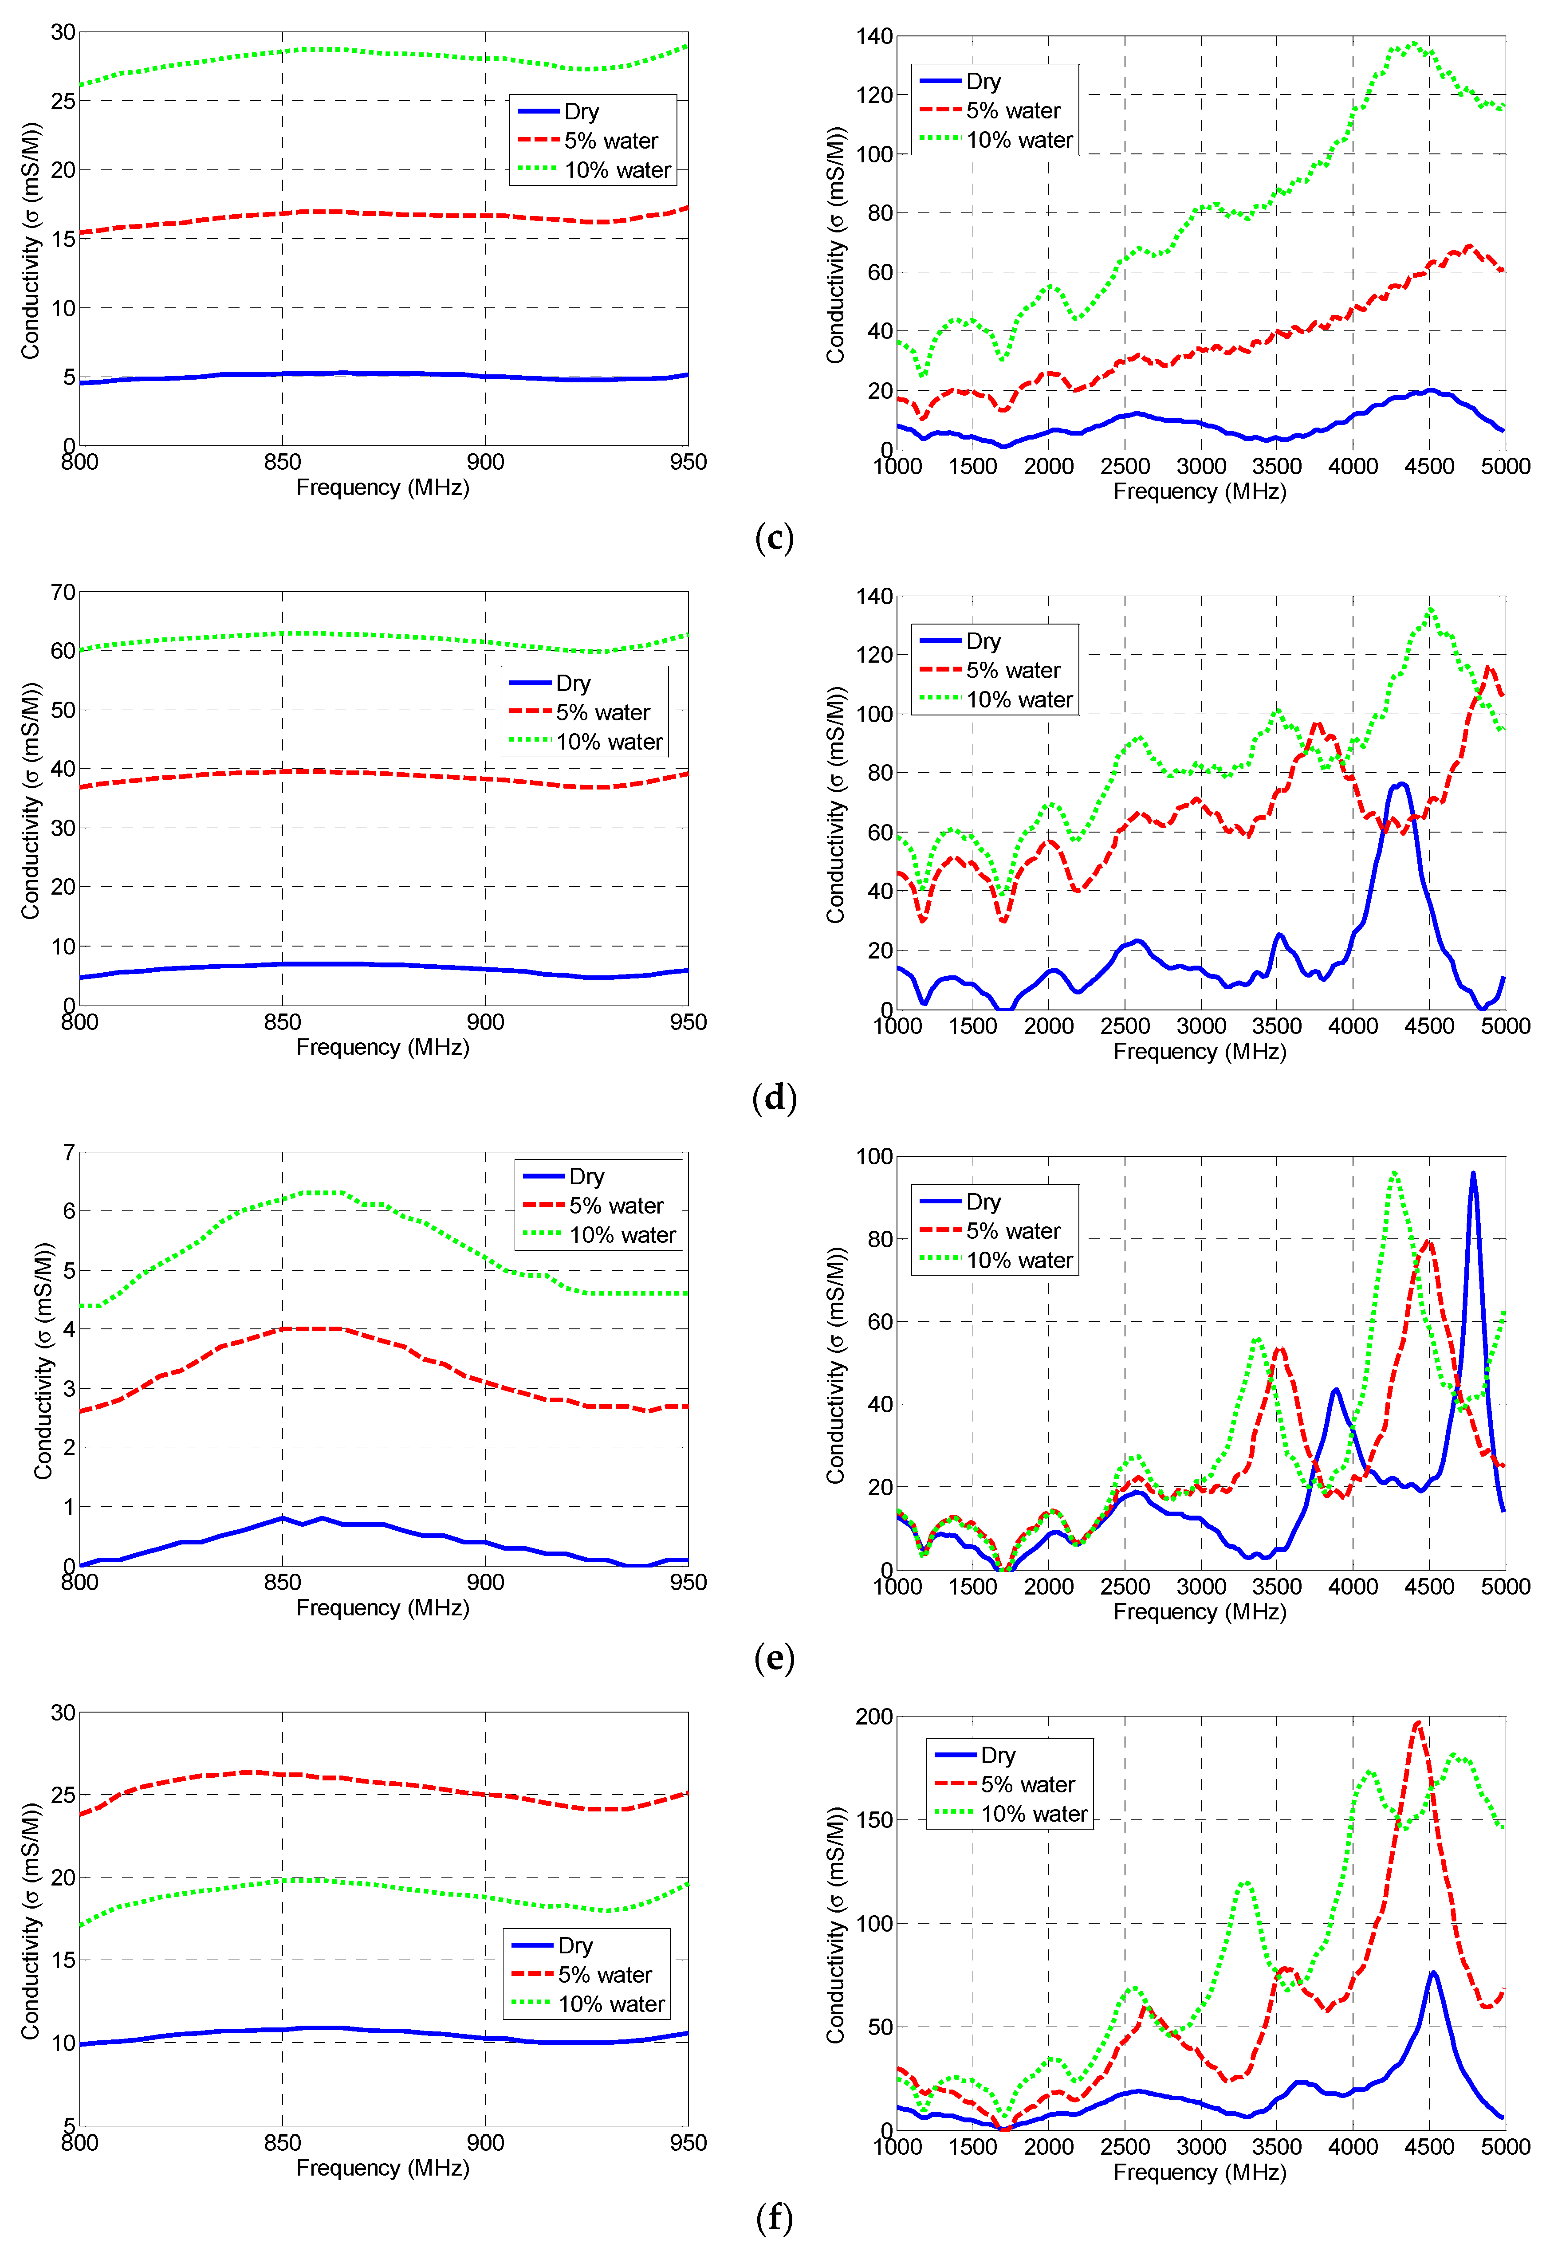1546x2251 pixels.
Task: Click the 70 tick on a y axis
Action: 63,592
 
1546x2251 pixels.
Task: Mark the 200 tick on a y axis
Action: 874,1717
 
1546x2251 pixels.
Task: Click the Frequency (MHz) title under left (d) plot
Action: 383,1047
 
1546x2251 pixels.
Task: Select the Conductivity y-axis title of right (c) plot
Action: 835,245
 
